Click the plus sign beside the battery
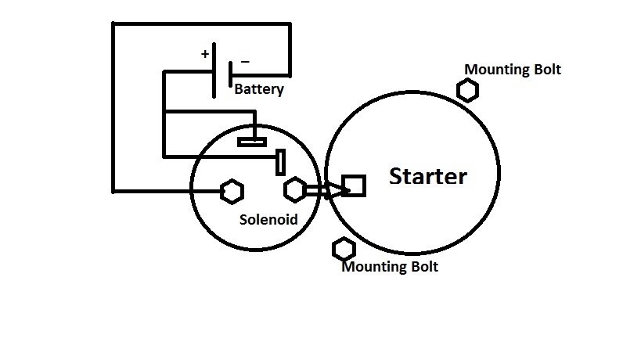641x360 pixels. pyautogui.click(x=205, y=54)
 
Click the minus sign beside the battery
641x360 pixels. pyautogui.click(x=246, y=60)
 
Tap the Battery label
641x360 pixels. pyautogui.click(x=259, y=89)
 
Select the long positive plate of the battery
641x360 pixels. pyautogui.click(x=215, y=71)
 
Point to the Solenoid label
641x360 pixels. pyautogui.click(x=268, y=220)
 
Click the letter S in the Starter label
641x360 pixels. pyautogui.click(x=398, y=177)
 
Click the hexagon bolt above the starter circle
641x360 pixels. pyautogui.click(x=468, y=91)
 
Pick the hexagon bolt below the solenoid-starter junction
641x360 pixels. pyautogui.click(x=344, y=250)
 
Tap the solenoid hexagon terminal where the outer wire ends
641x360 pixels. pyautogui.click(x=231, y=190)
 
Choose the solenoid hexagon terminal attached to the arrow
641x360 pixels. pyautogui.click(x=295, y=189)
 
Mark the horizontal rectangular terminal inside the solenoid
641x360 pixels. pyautogui.click(x=252, y=142)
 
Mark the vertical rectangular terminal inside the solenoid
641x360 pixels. pyautogui.click(x=280, y=162)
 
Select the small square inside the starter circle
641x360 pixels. pyautogui.click(x=354, y=185)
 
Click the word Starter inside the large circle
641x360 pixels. pyautogui.click(x=428, y=177)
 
